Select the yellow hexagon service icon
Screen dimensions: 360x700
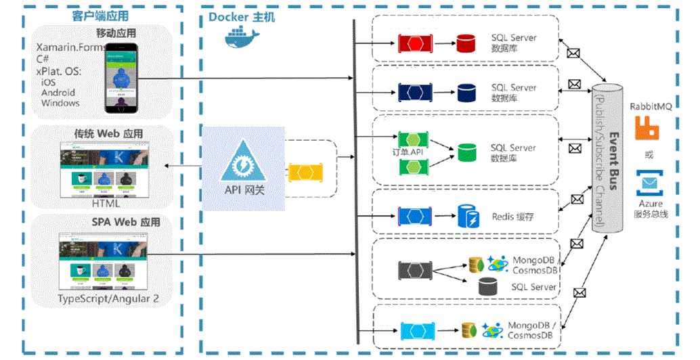[x=304, y=172]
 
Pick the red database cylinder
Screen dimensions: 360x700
[x=466, y=44]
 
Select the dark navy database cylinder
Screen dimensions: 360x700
[x=466, y=91]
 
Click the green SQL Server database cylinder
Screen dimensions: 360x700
[x=466, y=152]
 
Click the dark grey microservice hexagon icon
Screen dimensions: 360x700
[x=411, y=270]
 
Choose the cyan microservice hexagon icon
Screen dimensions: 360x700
[x=412, y=330]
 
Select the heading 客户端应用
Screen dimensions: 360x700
[x=100, y=16]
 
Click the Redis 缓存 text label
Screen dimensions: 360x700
[x=513, y=217]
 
